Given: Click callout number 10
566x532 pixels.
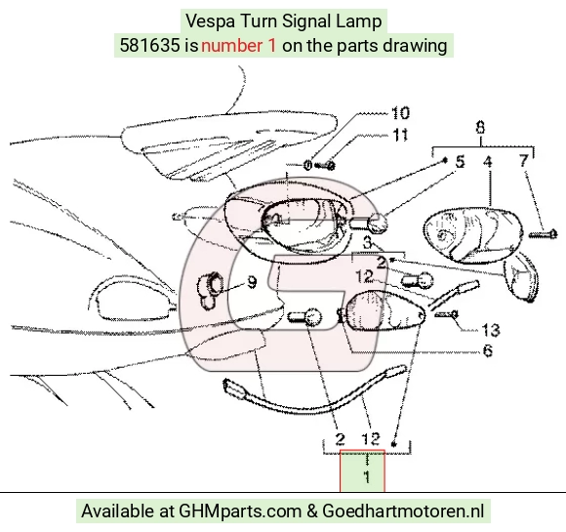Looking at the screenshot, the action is [401, 113].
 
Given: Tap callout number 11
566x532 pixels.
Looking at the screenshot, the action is [400, 135].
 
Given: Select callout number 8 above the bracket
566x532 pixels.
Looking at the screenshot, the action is [480, 128].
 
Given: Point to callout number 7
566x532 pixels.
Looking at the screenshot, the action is [524, 161].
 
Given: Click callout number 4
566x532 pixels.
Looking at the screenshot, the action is [487, 161].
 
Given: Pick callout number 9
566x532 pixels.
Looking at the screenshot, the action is [252, 282].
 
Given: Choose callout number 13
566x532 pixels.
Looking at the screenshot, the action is [491, 330].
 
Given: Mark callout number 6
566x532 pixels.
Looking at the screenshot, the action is [488, 350].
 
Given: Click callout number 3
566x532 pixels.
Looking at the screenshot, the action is [367, 242].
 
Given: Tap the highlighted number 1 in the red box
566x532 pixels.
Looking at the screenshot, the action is [367, 477].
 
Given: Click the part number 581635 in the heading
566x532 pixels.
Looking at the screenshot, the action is [149, 46].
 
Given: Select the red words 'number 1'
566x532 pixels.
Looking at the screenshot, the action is [239, 46].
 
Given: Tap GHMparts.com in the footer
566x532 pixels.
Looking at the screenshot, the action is [240, 512].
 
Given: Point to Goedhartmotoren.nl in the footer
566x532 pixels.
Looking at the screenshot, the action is [403, 512].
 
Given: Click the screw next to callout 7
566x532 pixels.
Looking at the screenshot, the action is [544, 234].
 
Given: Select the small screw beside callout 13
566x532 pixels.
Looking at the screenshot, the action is [447, 314].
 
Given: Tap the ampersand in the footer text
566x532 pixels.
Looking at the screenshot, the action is [312, 512].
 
